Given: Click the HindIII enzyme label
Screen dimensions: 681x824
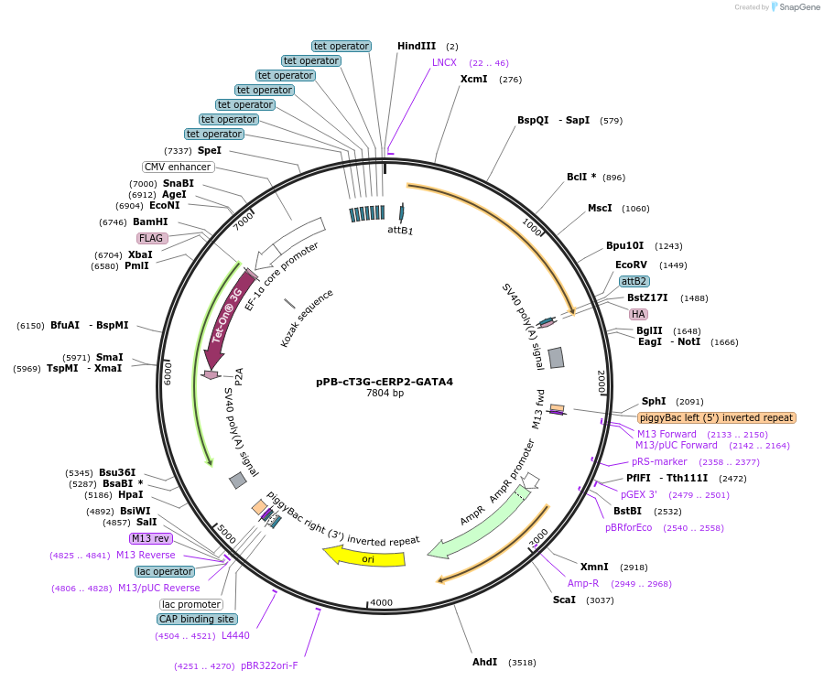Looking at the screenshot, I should click(416, 46).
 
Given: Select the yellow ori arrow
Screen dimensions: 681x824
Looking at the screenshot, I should click(367, 557).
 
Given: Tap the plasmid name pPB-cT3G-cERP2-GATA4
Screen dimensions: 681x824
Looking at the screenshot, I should click(385, 382).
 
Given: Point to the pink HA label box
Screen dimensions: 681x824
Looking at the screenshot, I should click(638, 314).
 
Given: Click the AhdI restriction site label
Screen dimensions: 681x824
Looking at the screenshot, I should click(485, 662).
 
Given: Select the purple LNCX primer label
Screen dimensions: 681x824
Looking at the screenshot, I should click(444, 62).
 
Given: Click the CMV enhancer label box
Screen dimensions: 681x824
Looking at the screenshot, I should click(179, 167).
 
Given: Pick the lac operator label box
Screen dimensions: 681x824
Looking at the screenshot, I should click(164, 571).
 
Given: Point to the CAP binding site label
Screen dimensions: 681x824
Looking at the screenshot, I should click(196, 619).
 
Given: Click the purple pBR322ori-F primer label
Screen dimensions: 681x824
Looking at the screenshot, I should click(269, 665).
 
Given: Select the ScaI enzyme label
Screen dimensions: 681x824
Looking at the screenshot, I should click(564, 600).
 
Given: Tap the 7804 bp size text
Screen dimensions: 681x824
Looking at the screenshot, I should click(385, 394).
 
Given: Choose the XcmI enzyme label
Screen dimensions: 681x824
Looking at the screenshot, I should click(473, 80).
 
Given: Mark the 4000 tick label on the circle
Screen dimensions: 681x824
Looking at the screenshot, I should click(380, 602).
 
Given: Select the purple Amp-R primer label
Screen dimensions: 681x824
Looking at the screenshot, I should click(583, 583).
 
